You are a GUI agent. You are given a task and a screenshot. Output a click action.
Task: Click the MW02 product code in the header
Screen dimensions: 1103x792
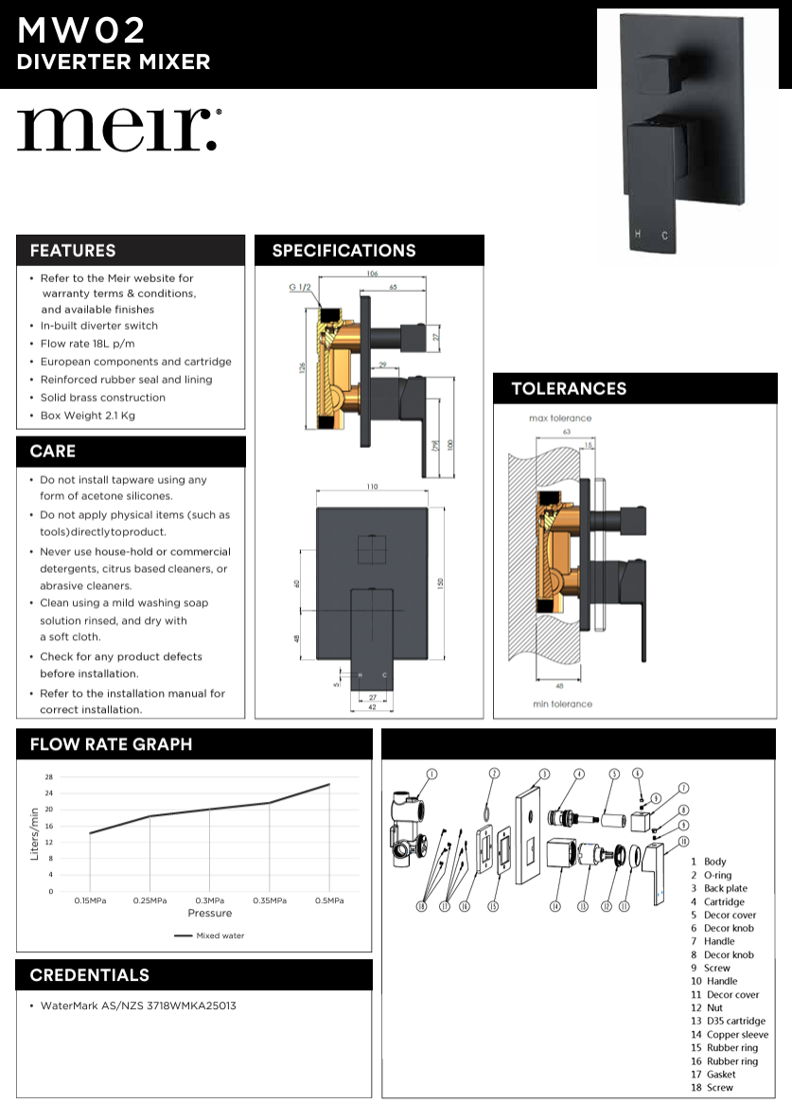[81, 31]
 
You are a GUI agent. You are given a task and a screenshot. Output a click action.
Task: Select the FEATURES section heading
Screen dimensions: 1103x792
[73, 251]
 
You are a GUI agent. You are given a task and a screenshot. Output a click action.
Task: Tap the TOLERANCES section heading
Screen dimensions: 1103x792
[569, 389]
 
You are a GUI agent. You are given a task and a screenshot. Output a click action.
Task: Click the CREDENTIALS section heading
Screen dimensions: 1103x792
[89, 975]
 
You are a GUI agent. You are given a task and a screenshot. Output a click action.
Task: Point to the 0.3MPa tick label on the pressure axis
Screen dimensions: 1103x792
[209, 900]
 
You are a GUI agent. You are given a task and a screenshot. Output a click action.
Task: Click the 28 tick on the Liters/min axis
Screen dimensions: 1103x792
[48, 777]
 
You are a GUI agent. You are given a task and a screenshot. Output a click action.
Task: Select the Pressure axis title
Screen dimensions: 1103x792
[209, 914]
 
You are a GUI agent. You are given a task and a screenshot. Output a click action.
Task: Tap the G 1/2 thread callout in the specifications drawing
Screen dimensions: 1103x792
[300, 287]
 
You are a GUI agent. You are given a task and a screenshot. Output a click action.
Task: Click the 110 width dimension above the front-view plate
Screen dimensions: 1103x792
[372, 487]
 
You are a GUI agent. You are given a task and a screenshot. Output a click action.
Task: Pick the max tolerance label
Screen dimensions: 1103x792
[560, 418]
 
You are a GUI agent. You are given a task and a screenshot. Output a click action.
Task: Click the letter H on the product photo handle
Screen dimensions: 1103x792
[638, 233]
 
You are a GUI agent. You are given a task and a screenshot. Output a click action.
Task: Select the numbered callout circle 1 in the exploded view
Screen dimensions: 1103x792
[431, 774]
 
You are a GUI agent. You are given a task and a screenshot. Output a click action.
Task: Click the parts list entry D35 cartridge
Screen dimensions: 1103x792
[728, 1022]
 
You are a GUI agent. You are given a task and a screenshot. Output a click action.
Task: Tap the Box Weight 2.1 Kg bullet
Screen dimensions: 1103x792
[88, 416]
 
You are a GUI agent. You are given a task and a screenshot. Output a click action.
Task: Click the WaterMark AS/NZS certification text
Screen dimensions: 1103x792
[138, 1005]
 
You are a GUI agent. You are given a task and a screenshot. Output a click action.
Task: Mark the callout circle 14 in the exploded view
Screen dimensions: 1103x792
[555, 906]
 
